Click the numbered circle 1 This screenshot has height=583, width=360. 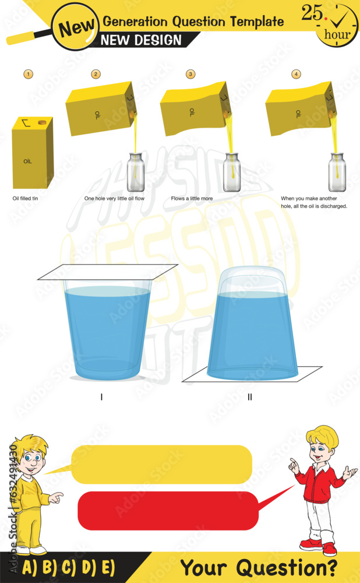click(27, 74)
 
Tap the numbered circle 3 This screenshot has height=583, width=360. click(190, 74)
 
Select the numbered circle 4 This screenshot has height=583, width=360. click(297, 74)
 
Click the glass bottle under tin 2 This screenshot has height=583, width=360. click(136, 170)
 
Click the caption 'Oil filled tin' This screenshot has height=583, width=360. click(26, 198)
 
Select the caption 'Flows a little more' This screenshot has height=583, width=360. click(192, 198)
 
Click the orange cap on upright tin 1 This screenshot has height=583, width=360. click(42, 123)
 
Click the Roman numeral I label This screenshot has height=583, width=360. click(102, 397)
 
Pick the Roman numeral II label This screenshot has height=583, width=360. click(250, 397)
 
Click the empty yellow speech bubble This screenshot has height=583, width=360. click(161, 465)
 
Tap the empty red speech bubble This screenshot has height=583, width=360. click(168, 511)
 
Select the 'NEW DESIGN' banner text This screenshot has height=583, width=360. click(142, 40)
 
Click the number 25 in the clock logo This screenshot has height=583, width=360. click(313, 15)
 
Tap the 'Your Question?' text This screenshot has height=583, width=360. click(258, 567)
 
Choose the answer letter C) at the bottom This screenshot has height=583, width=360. click(69, 567)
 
